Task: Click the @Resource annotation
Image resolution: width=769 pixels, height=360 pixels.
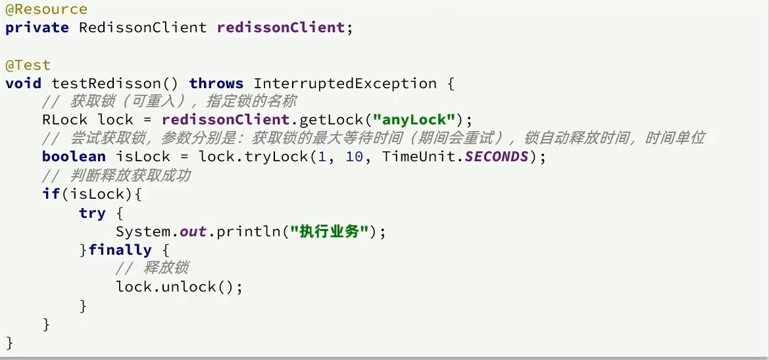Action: point(46,9)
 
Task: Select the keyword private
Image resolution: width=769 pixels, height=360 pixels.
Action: point(37,28)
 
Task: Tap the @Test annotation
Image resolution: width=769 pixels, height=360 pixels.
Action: point(28,65)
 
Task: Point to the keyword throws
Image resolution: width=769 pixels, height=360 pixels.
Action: point(216,84)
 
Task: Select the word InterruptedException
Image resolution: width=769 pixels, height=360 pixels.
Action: point(345,84)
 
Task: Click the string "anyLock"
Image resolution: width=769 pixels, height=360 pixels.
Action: point(414,120)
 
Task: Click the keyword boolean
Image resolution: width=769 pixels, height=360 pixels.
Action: point(74,157)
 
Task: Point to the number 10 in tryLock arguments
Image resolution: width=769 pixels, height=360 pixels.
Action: point(354,157)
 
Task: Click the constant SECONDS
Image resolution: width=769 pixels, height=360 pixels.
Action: point(496,157)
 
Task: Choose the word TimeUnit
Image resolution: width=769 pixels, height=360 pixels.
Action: point(419,157)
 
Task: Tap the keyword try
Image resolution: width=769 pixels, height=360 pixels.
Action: point(92,213)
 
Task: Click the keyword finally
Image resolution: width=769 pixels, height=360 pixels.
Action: point(120,250)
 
